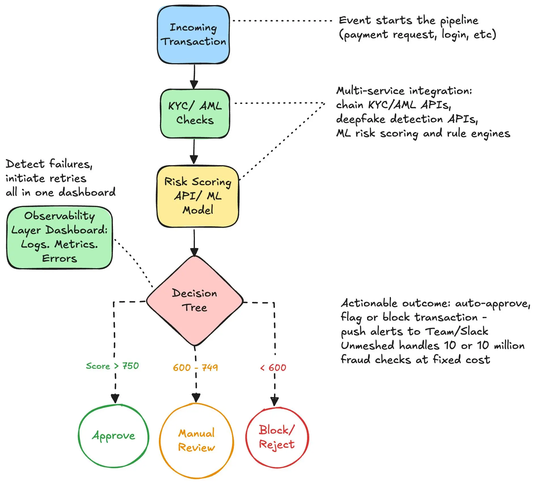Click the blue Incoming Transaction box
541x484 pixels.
(193, 35)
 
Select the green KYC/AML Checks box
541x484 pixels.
(195, 114)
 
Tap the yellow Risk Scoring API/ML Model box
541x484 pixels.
(198, 196)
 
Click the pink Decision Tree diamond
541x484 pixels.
(195, 300)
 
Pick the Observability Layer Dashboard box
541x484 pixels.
(60, 237)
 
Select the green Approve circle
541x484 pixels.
(113, 436)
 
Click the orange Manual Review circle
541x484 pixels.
(196, 440)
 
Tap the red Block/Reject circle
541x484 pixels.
(277, 437)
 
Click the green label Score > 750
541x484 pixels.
(112, 366)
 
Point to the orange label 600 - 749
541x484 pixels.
(195, 368)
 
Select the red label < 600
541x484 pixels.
(273, 368)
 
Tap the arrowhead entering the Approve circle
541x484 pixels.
(115, 398)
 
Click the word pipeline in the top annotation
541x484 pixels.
(459, 21)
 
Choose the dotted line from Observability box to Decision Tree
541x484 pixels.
(133, 262)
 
